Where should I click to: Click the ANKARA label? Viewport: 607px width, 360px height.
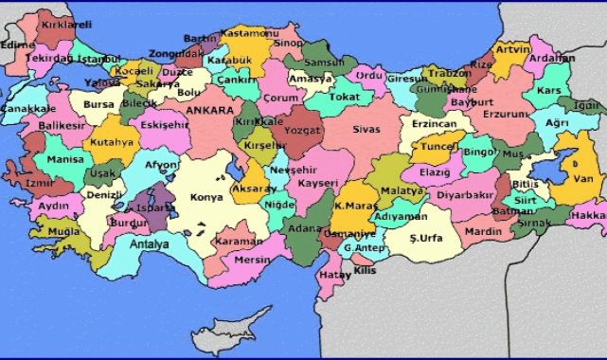[210, 111]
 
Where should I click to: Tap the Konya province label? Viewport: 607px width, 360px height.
[206, 197]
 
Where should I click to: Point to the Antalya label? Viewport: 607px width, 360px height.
[149, 244]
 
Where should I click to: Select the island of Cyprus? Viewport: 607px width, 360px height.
[238, 333]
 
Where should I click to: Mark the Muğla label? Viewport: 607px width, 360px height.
[62, 230]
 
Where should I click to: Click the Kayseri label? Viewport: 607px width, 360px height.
[317, 181]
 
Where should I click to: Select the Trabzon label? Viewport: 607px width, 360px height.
[449, 72]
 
